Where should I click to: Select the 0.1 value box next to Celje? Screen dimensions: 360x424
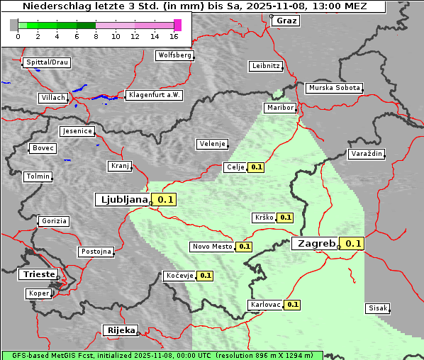pos(256,167)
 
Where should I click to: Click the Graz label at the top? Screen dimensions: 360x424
pos(286,21)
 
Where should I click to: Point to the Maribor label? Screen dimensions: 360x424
pos(279,108)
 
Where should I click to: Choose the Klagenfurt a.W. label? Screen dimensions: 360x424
pos(154,95)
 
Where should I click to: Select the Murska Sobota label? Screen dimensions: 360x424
pos(334,88)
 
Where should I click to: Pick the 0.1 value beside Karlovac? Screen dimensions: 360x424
pos(292,305)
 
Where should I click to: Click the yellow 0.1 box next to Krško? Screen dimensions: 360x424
pos(285,218)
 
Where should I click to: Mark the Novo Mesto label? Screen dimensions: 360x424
pos(212,247)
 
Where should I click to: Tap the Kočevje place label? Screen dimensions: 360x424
pos(179,275)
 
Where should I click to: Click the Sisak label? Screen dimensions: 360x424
pos(377,308)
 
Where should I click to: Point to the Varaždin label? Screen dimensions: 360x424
pos(366,154)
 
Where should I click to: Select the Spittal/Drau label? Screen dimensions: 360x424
pos(48,62)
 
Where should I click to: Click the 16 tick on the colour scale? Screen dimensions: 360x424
pos(174,35)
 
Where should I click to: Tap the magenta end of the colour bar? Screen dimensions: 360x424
pos(177,25)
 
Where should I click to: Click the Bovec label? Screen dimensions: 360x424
pos(43,148)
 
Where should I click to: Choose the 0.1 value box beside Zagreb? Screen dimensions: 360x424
pos(353,243)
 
